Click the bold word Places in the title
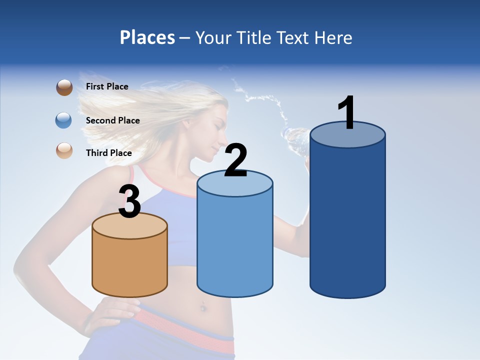[x=147, y=37]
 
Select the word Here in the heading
[x=333, y=37]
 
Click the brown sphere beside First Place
[x=64, y=87]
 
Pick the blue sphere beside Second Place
[x=64, y=120]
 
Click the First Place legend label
[x=107, y=86]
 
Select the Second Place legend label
[x=112, y=120]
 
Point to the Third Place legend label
[x=108, y=153]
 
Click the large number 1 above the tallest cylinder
[x=347, y=113]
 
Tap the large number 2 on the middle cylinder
[x=235, y=160]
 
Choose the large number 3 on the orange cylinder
[x=130, y=202]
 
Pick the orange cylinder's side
[x=130, y=265]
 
